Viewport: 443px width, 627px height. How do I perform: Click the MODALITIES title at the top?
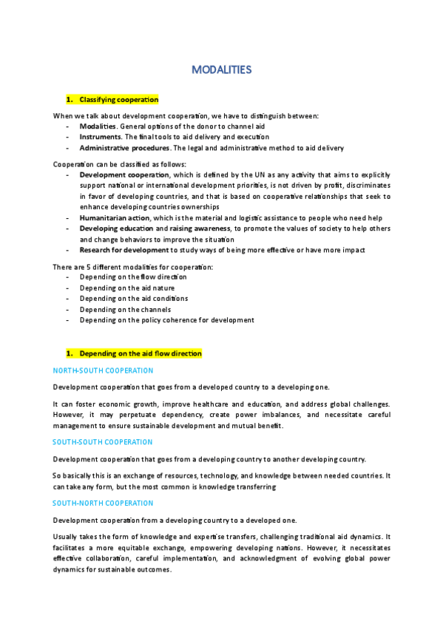coord(221,70)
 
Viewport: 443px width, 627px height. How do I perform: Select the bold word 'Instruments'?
coord(99,137)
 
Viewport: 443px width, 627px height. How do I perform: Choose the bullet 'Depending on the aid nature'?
coord(126,288)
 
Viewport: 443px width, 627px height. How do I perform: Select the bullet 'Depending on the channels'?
coord(125,309)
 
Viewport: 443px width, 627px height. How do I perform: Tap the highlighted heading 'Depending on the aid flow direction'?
coord(140,354)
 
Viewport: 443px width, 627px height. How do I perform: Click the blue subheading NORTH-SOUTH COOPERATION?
coord(103,370)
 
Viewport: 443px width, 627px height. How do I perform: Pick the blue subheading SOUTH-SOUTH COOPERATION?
coord(103,442)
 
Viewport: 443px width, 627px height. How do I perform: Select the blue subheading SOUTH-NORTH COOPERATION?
coord(103,503)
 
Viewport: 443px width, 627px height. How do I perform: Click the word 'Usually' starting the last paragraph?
coord(66,535)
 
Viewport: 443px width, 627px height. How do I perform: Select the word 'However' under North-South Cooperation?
coord(70,415)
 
